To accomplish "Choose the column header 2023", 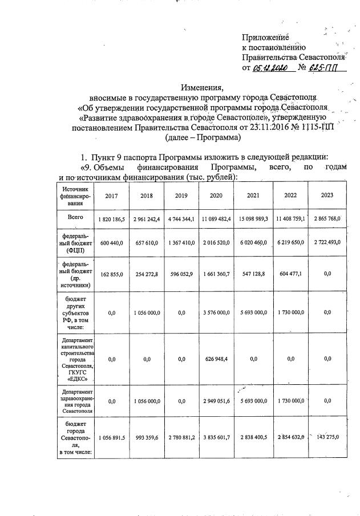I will pyautogui.click(x=326, y=196).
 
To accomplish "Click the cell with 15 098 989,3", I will pyautogui.click(x=253, y=219).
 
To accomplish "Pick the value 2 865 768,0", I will pyautogui.click(x=326, y=219).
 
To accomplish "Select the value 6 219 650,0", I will pyautogui.click(x=290, y=243).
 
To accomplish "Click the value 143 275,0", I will pyautogui.click(x=326, y=437).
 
